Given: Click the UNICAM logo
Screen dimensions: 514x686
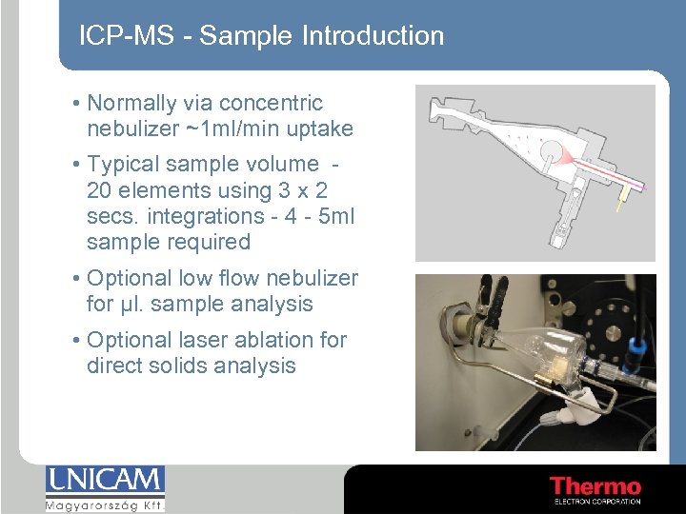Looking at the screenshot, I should click(105, 481).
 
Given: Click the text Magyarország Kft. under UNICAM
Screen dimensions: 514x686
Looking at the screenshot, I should click(105, 504).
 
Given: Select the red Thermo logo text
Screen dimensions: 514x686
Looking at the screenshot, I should click(595, 486).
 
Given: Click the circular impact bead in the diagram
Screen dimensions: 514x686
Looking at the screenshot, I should click(550, 152).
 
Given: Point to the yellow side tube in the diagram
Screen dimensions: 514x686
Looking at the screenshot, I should click(622, 200).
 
